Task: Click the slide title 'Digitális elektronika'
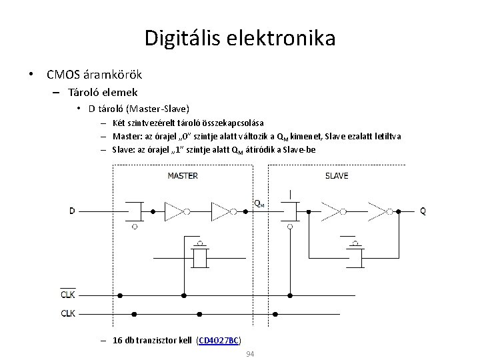pyautogui.click(x=240, y=37)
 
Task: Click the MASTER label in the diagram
pyautogui.click(x=182, y=176)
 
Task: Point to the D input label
pyautogui.click(x=72, y=211)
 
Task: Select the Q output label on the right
pyautogui.click(x=422, y=211)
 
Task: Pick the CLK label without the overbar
pyautogui.click(x=68, y=313)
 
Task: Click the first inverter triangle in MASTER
pyautogui.click(x=173, y=211)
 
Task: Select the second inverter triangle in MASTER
pyautogui.click(x=220, y=211)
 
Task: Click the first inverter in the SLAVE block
pyautogui.click(x=331, y=211)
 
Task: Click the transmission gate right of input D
pyautogui.click(x=135, y=211)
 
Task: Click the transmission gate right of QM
pyautogui.click(x=291, y=211)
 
